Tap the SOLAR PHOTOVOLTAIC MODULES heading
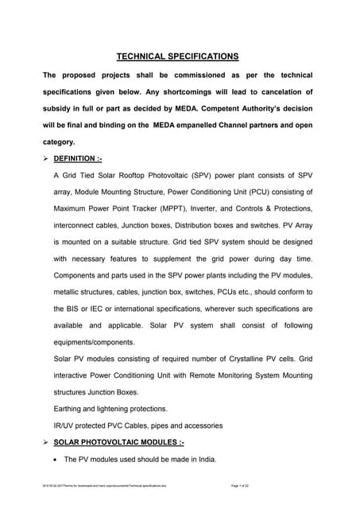[x=118, y=441]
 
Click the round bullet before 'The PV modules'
[x=54, y=459]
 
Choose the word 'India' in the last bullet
[x=202, y=459]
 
